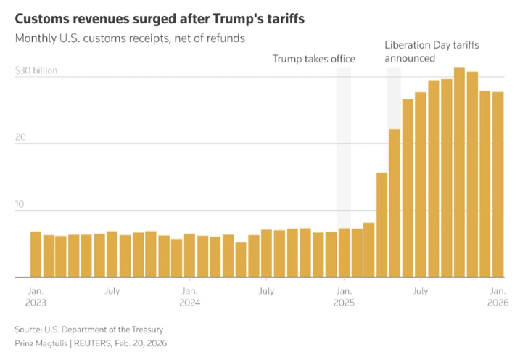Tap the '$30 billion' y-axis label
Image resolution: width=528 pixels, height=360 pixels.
pos(36,71)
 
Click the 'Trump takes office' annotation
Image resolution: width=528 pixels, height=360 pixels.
pos(313,59)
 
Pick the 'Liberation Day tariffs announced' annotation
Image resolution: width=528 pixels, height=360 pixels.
pos(432,52)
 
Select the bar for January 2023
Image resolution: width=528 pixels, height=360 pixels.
pos(36,254)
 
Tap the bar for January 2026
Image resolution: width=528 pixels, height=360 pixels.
pos(498,184)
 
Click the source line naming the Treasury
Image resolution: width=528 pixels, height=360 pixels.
pos(88,330)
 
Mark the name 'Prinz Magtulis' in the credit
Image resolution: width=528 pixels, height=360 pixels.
pos(44,343)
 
